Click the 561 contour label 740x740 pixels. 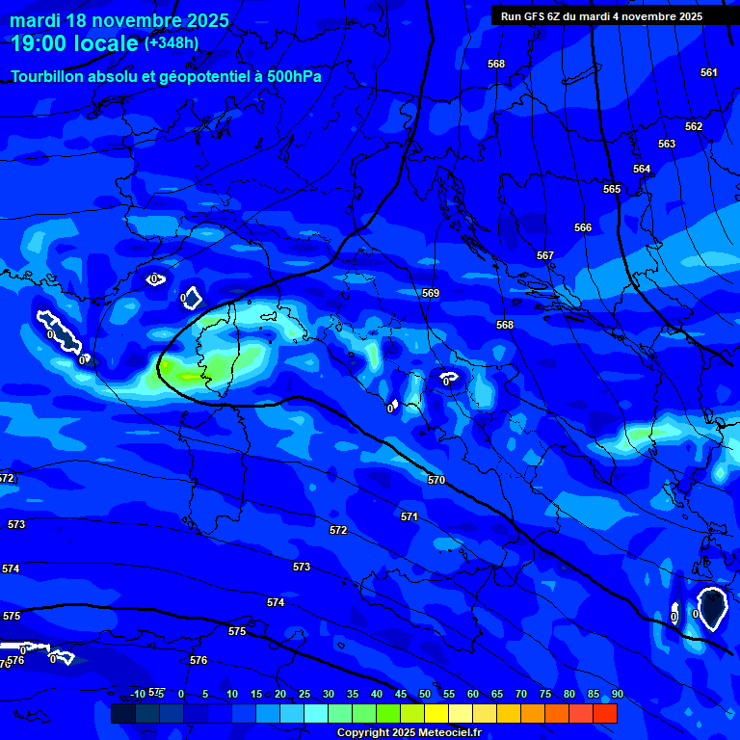709,73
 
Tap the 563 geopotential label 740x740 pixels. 667,145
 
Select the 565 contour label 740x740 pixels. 612,190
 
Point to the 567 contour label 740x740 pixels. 545,256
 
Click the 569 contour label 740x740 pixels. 431,294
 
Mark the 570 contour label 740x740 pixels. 436,480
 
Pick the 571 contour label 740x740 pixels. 410,517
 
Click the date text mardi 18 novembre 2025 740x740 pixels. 119,20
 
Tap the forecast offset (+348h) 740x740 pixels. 172,43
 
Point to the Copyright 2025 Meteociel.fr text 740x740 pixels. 409,733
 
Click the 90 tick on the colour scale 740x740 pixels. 617,695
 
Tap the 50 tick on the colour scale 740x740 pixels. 424,695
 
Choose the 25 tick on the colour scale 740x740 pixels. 304,695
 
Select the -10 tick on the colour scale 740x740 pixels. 138,695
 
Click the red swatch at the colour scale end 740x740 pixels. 604,713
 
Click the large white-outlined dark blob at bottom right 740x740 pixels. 712,608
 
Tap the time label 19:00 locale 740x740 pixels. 74,43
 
